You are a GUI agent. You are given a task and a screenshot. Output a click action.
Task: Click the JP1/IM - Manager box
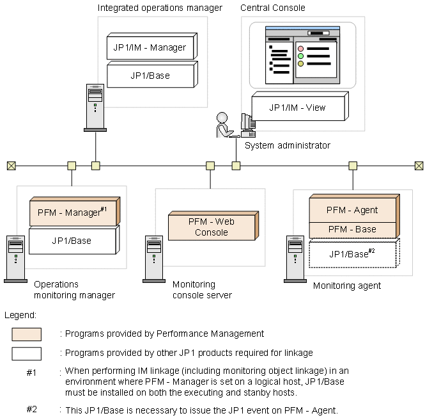point(150,47)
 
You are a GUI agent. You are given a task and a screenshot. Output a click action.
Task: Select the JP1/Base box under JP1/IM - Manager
point(150,75)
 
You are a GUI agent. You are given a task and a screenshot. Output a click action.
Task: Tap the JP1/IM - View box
point(298,108)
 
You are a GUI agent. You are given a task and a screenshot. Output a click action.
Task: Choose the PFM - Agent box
point(352,209)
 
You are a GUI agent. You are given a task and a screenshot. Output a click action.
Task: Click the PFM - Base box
point(352,229)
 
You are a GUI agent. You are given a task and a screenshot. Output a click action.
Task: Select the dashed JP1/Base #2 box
point(352,253)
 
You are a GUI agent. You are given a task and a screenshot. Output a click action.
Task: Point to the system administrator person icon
point(223,125)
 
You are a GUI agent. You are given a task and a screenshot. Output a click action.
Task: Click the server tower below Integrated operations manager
point(95,108)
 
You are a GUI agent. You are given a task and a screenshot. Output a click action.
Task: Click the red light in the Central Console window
point(301,49)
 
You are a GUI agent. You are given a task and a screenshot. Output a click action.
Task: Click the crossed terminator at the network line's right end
point(419,166)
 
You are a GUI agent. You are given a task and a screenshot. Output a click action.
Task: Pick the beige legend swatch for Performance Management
point(26,334)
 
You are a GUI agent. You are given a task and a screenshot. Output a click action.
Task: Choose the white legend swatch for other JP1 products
point(26,353)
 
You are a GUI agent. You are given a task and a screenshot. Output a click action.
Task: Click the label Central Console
point(273,8)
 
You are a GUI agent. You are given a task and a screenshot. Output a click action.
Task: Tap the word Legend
point(20,316)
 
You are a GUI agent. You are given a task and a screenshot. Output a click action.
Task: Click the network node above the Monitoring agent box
point(352,166)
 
